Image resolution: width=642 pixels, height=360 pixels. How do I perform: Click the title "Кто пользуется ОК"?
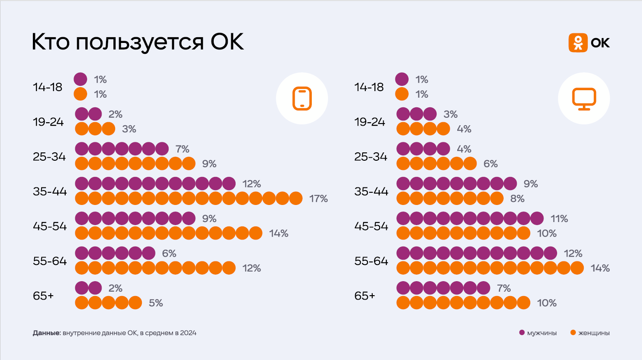[138, 42]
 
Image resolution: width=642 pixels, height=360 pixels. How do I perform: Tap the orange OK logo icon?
[578, 43]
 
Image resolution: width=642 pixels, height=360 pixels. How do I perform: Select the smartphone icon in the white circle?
[302, 99]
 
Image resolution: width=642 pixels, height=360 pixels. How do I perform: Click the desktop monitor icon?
[584, 99]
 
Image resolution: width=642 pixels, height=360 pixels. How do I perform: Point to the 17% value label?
[318, 198]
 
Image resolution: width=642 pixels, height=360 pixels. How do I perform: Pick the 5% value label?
[156, 303]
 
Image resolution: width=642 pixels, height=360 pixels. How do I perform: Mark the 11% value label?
[559, 219]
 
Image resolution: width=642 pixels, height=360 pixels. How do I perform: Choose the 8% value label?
[517, 198]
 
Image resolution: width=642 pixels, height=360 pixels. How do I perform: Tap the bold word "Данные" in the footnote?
[46, 333]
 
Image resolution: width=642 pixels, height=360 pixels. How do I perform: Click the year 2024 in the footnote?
[188, 333]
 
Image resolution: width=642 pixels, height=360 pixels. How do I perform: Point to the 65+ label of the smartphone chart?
[43, 296]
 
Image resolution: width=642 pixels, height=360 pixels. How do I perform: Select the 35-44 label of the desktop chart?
[371, 191]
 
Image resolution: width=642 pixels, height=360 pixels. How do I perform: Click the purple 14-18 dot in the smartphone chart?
[81, 79]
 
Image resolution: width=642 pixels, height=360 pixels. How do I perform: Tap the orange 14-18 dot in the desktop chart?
[402, 94]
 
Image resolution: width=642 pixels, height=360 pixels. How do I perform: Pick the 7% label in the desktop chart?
[504, 288]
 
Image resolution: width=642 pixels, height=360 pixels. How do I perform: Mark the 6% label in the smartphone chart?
[169, 253]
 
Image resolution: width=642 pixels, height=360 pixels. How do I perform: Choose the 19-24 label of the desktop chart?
[370, 122]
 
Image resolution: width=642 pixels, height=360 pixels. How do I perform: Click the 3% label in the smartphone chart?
[129, 129]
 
